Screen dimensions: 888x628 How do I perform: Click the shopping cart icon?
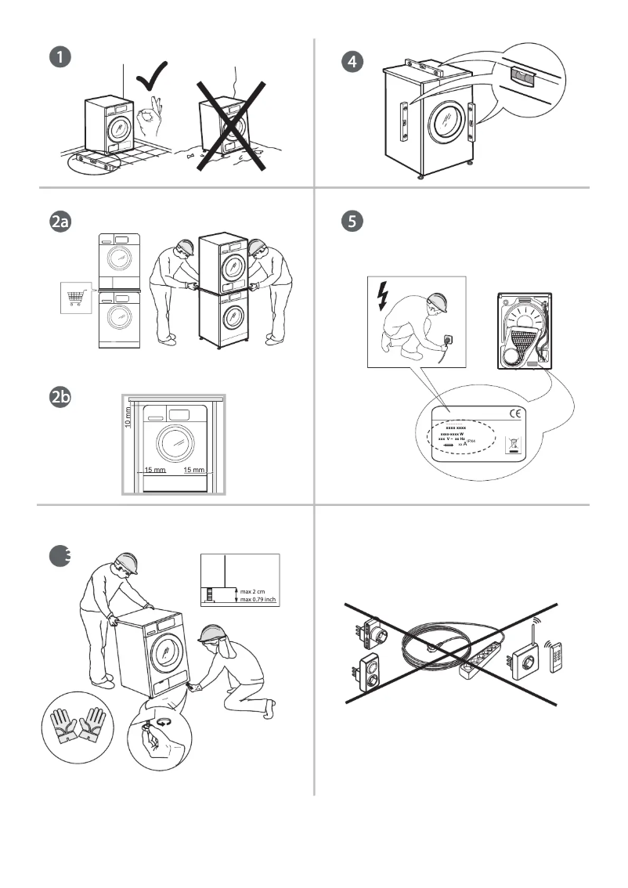(x=76, y=298)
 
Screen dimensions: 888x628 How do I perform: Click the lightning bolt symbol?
(x=382, y=294)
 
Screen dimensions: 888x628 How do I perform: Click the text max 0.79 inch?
(x=259, y=600)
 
